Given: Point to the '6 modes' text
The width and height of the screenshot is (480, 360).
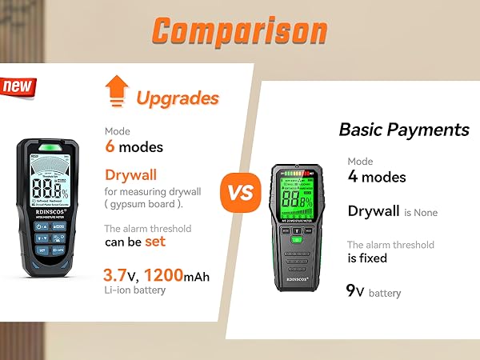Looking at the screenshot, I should pyautogui.click(x=134, y=146).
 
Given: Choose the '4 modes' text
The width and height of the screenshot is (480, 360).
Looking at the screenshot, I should pyautogui.click(x=376, y=177).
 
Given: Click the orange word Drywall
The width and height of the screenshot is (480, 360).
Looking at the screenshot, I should pyautogui.click(x=130, y=175).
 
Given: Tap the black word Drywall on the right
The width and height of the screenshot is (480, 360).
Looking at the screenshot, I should pyautogui.click(x=374, y=211).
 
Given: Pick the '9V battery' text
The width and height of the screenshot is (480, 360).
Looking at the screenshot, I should pyautogui.click(x=373, y=291).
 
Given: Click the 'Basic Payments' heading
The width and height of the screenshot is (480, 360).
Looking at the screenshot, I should pyautogui.click(x=403, y=130).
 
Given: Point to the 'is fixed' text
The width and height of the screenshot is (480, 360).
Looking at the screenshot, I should pyautogui.click(x=367, y=258).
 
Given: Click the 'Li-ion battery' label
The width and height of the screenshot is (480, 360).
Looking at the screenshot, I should pyautogui.click(x=134, y=290).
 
